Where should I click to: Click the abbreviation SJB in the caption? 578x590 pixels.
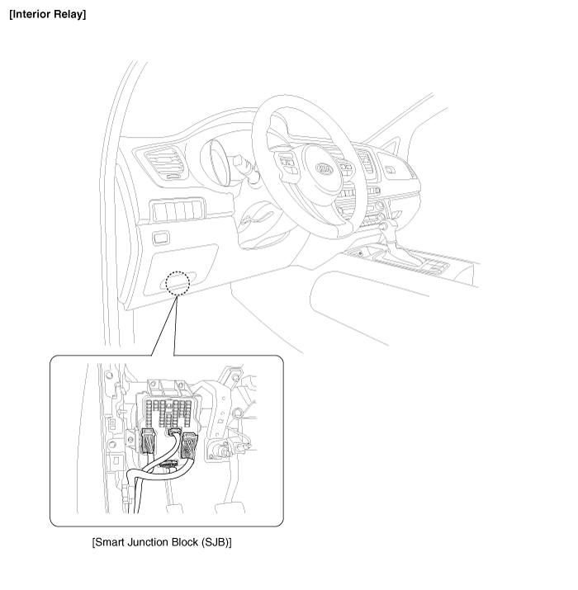216,542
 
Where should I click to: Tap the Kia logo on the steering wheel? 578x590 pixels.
325,169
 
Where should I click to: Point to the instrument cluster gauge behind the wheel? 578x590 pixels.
219,163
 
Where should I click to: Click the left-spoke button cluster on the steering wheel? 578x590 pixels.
289,163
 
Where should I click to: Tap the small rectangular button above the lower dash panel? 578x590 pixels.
161,238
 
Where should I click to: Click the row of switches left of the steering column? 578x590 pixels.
178,210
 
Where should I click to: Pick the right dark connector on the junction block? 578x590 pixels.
189,446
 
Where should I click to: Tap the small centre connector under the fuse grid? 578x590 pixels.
175,432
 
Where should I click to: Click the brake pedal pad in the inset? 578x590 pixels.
230,507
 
